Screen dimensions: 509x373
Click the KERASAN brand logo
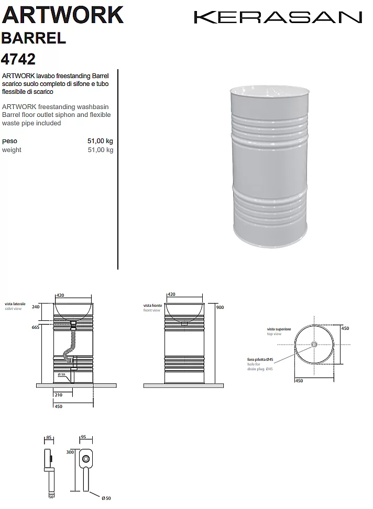tap(278, 17)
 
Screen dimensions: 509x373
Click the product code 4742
tap(19, 58)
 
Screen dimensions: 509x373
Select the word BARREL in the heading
tap(34, 38)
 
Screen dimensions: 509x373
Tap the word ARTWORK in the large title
tap(63, 15)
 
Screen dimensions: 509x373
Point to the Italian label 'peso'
tap(9, 141)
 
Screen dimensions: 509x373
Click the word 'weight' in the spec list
tap(12, 150)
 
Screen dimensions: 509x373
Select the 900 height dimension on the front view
tap(220, 307)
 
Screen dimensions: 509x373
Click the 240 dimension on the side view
tap(36, 307)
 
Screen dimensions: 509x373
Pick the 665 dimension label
tap(36, 327)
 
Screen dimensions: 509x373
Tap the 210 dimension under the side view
tap(59, 395)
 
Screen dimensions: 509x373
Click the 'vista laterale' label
tap(15, 304)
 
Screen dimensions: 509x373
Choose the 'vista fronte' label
tap(153, 306)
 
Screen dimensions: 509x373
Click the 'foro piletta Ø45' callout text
tap(260, 360)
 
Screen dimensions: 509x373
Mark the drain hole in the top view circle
tap(314, 344)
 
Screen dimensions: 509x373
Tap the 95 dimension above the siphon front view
tap(83, 437)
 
